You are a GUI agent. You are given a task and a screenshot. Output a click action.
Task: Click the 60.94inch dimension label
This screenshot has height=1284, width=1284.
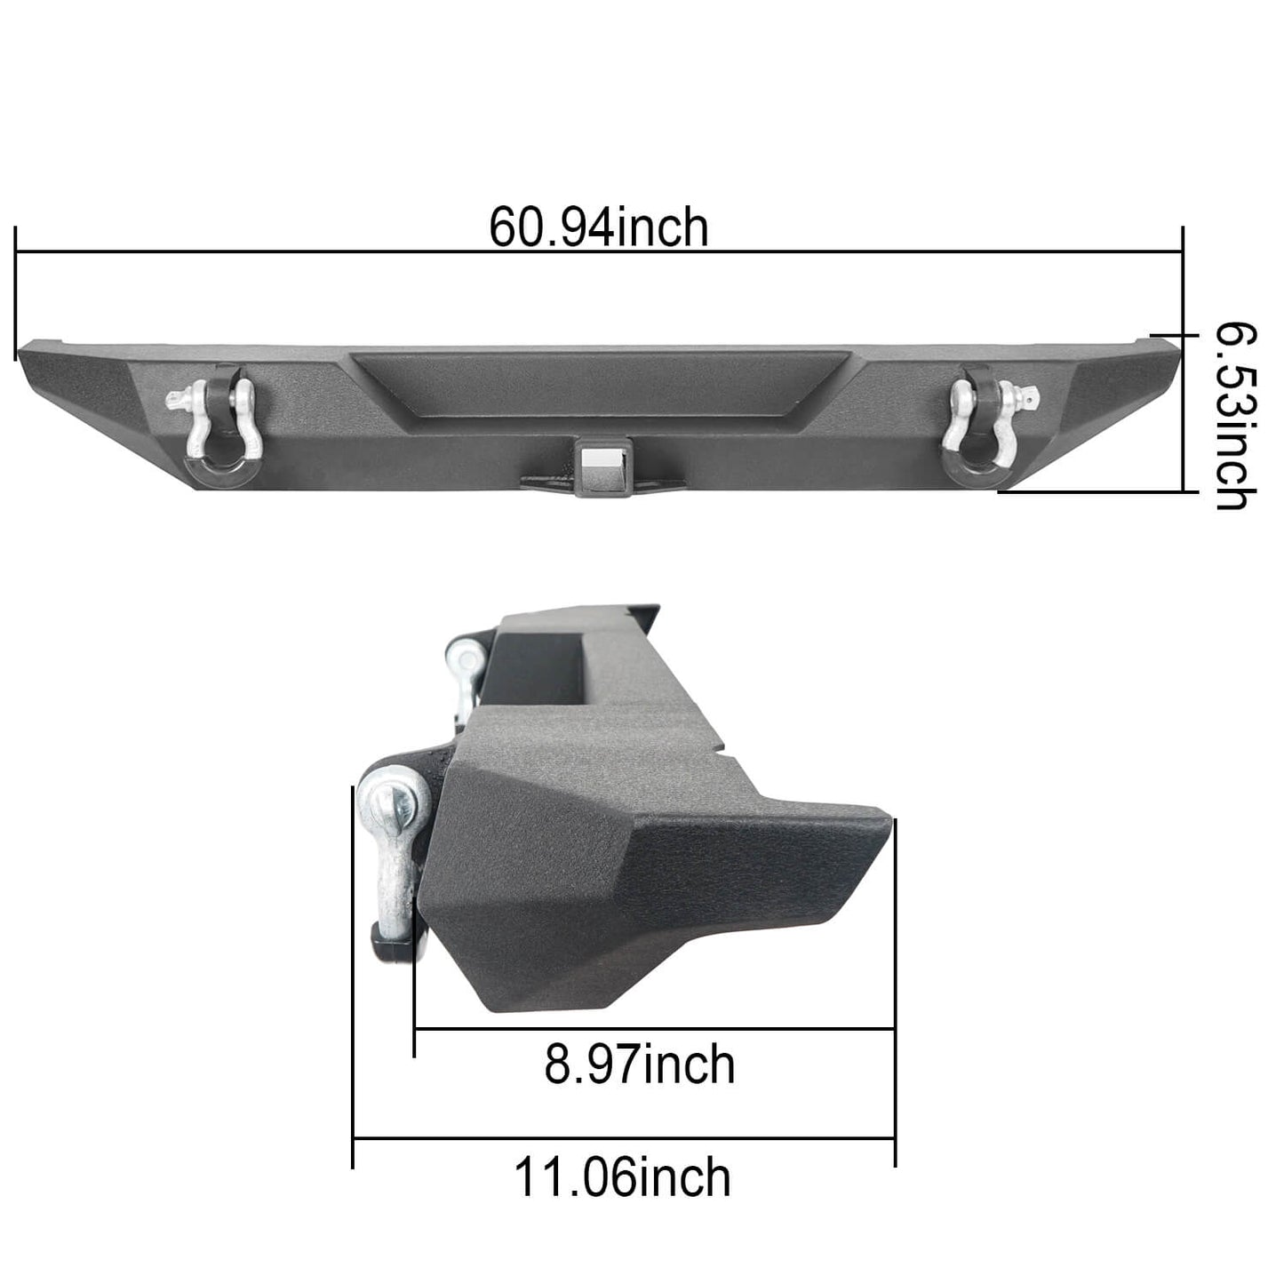click(x=599, y=228)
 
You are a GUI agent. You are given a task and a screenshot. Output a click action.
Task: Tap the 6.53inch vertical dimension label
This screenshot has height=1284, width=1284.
click(x=1236, y=418)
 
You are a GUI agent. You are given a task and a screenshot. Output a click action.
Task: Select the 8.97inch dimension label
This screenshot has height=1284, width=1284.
click(x=640, y=1065)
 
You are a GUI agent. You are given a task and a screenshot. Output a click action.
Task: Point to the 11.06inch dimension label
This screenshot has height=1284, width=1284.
click(x=622, y=1177)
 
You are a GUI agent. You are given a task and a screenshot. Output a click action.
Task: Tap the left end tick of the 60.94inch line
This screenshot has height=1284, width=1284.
click(x=16, y=293)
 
